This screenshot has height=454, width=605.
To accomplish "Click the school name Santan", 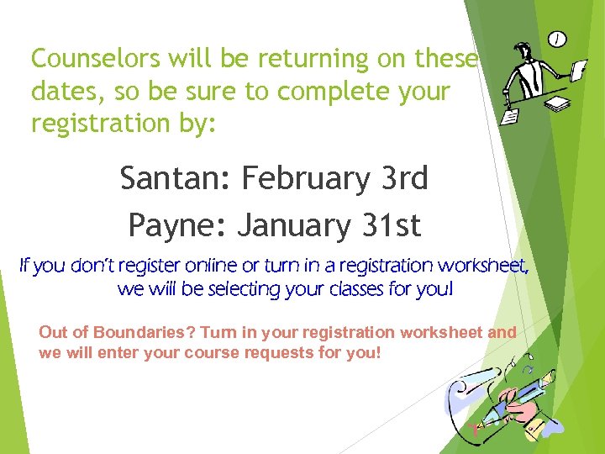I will (175, 178).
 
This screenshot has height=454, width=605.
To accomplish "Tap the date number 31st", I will (392, 225).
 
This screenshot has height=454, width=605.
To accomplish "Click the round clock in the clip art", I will (557, 40).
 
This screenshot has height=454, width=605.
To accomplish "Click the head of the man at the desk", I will (523, 51).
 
